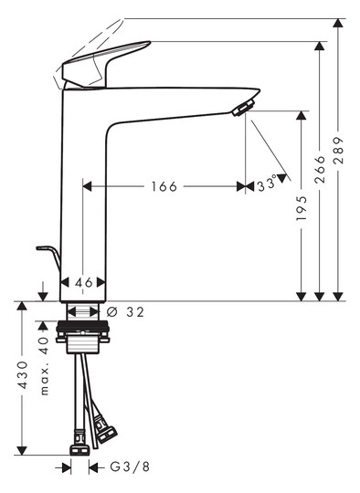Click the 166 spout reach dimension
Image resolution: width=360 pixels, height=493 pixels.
pyautogui.click(x=164, y=186)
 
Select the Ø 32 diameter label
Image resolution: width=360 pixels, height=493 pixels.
pyautogui.click(x=126, y=312)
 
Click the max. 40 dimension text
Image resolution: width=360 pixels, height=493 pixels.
pyautogui.click(x=42, y=365)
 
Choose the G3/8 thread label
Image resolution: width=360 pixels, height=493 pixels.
pyautogui.click(x=127, y=467)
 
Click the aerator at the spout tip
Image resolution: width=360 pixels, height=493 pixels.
pyautogui.click(x=242, y=109)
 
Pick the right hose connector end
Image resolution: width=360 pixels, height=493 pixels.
pyautogui.click(x=104, y=427)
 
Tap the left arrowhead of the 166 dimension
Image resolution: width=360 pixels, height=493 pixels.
pyautogui.click(x=87, y=186)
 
